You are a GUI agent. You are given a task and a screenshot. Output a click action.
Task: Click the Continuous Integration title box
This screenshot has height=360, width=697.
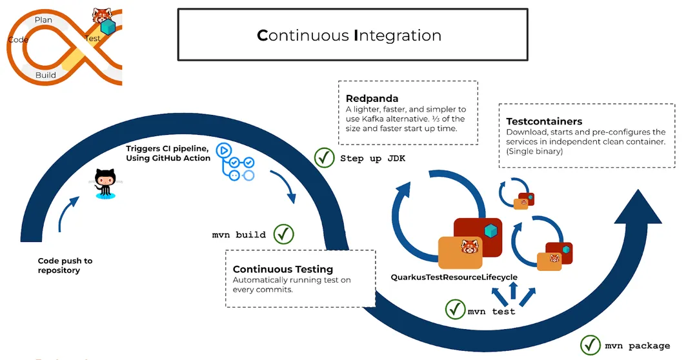click(x=349, y=35)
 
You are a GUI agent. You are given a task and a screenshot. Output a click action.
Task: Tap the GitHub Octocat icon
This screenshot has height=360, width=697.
click(x=103, y=182)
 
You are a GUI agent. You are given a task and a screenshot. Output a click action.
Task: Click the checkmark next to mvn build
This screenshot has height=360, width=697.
click(x=283, y=234)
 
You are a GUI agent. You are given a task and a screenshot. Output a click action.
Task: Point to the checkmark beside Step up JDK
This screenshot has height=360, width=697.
click(x=324, y=158)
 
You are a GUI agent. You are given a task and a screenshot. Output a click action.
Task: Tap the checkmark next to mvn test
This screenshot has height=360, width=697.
click(x=456, y=310)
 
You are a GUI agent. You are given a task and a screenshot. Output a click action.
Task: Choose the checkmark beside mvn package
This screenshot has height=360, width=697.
click(x=591, y=345)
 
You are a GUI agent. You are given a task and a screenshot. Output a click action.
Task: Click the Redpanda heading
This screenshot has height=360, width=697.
click(x=372, y=99)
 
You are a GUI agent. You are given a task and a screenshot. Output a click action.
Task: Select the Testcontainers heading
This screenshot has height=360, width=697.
click(x=544, y=121)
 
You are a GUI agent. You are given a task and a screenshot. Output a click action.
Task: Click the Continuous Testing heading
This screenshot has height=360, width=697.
click(x=283, y=269)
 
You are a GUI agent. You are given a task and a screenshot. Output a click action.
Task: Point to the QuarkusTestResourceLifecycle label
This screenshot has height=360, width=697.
click(x=454, y=277)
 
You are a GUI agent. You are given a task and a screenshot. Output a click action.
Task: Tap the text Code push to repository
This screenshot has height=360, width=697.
click(x=65, y=265)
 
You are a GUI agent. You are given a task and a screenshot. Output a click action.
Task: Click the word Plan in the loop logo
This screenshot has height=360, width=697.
click(x=43, y=20)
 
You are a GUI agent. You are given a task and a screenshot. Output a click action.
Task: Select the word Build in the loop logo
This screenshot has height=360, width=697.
click(x=45, y=75)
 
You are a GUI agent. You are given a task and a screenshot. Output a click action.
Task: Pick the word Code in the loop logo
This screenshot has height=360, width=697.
click(x=18, y=39)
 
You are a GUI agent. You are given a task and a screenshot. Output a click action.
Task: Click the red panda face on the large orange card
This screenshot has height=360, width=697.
click(x=470, y=248)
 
